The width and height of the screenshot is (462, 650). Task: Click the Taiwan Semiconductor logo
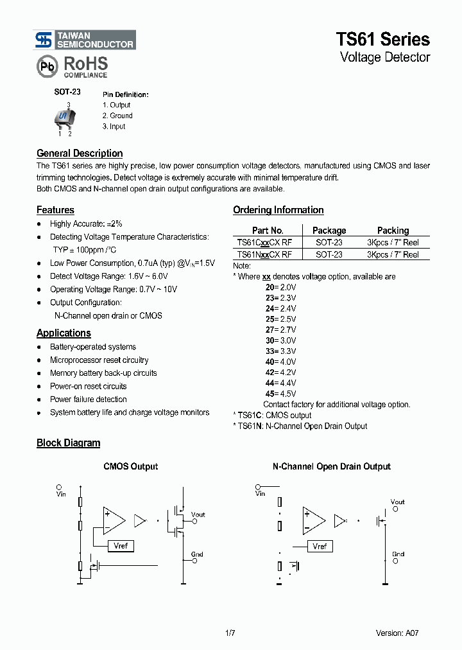85,40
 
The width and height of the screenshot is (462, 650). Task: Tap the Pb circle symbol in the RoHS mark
46,67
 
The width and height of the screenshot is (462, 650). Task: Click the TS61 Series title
383,39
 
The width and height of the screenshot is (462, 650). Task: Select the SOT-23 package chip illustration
64,118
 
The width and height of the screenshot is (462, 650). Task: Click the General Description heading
80,154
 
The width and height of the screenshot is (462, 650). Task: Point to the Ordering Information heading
278,210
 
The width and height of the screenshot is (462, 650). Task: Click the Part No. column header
268,231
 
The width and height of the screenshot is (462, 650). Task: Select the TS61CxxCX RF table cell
264,243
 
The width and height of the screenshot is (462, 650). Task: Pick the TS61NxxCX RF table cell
264,254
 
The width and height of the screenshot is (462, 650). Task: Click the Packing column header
393,231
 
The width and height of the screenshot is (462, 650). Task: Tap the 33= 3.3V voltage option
280,351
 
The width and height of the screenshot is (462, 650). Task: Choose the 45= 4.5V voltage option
280,394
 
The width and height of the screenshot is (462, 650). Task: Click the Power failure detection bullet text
89,400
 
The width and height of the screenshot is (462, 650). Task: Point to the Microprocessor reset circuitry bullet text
99,360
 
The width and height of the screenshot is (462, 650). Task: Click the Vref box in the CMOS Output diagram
121,546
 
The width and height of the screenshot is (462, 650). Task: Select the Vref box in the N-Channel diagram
320,546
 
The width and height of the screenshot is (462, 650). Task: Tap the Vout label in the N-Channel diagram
398,502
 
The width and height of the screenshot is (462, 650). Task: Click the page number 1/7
230,633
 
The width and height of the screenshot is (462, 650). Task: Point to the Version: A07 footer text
397,633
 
